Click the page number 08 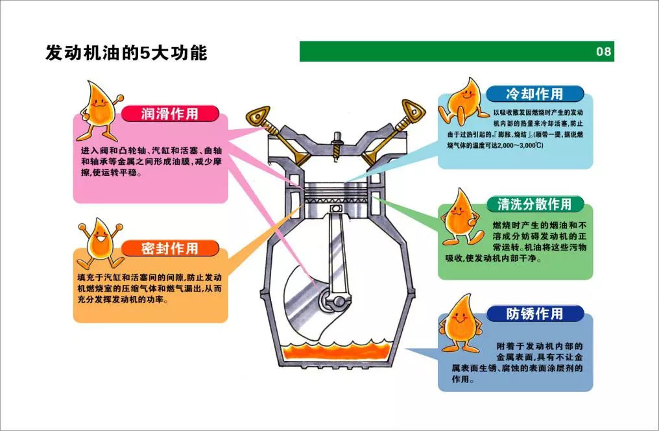(x=603, y=52)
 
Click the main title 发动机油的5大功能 (x=126, y=53)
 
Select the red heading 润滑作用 (x=170, y=114)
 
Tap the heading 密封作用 (x=170, y=248)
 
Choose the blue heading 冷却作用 (x=534, y=93)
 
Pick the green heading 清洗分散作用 (x=534, y=204)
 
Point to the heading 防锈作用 (x=534, y=314)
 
